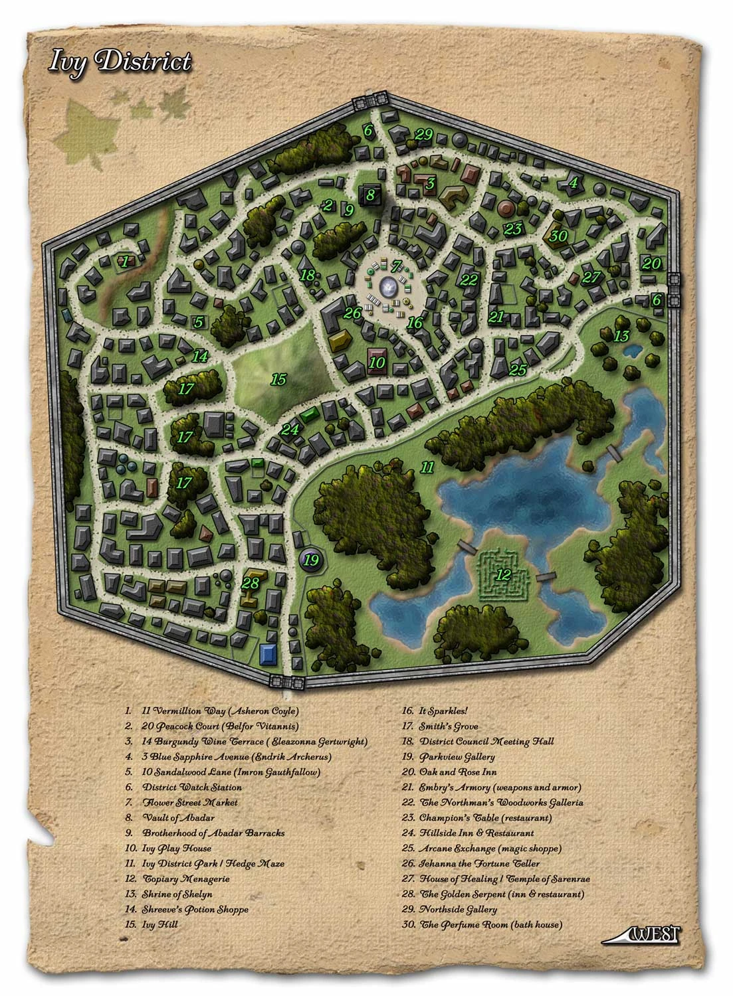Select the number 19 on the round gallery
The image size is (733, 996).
[311, 560]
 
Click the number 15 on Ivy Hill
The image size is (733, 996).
[278, 380]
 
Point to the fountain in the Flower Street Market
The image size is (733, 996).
[387, 287]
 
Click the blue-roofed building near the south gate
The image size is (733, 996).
[268, 653]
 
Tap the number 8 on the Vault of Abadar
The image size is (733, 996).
[370, 195]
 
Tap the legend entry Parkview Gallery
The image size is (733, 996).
[457, 756]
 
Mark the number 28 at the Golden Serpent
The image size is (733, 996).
[250, 584]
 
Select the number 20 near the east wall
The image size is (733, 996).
[651, 263]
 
